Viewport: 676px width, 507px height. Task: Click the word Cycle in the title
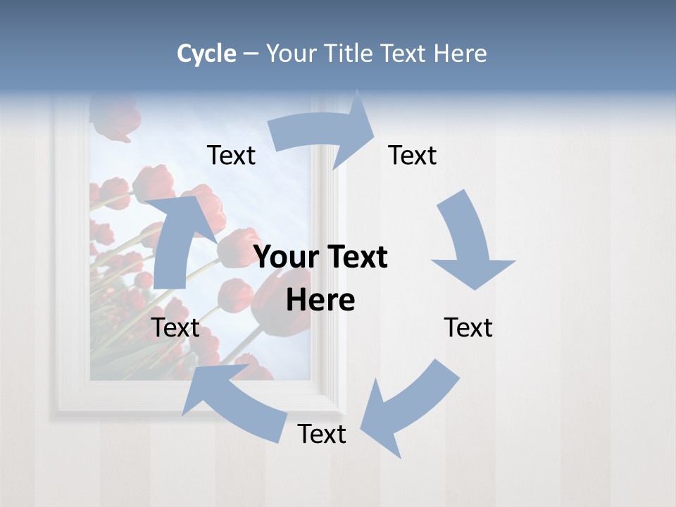(x=206, y=54)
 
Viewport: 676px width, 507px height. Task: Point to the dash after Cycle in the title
(x=251, y=54)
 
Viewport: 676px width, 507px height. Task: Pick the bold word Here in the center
(x=320, y=301)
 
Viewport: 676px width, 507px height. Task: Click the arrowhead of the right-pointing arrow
(x=359, y=127)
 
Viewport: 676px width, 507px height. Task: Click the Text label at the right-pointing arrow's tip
(x=413, y=155)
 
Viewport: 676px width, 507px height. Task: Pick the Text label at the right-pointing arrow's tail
(x=231, y=155)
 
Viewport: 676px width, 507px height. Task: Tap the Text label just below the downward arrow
(x=468, y=327)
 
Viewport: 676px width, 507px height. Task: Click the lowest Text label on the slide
(x=322, y=434)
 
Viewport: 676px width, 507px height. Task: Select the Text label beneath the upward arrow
(x=176, y=327)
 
